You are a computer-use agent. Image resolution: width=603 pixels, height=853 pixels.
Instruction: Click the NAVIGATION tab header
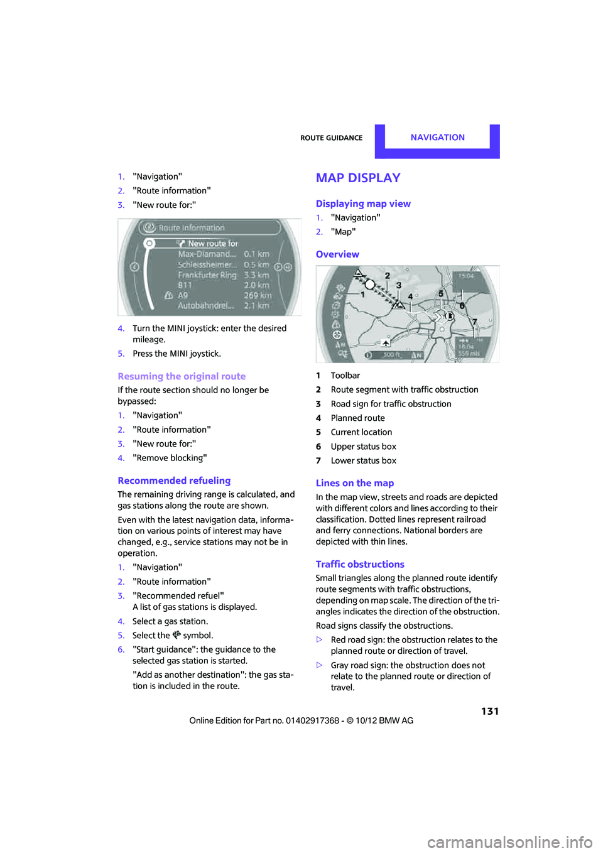coord(437,138)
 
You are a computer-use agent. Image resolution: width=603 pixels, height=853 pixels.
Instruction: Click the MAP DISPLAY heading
coord(358,178)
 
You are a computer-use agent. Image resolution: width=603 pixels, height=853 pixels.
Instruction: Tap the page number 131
coord(490,711)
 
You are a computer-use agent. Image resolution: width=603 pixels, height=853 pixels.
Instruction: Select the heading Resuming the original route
coord(182,376)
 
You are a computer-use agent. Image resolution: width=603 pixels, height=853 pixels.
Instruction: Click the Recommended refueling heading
coord(174,481)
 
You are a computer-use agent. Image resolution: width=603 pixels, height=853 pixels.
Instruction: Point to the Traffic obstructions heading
coord(360,564)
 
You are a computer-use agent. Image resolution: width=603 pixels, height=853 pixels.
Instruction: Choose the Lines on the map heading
coord(355,483)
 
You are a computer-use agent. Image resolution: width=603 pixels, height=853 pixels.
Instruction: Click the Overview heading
coord(337,254)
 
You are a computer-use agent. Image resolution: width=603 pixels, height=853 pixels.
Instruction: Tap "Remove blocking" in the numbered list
coord(170,458)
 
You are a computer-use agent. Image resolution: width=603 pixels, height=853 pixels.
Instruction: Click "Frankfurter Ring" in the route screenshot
coord(207,275)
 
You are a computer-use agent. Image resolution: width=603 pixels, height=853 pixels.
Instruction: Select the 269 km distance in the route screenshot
coord(258,295)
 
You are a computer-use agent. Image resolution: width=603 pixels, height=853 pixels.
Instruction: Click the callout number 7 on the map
coord(475,322)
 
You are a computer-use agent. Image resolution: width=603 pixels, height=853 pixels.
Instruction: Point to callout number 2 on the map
coord(388,276)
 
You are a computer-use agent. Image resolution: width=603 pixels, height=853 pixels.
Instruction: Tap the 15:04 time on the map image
coord(466,276)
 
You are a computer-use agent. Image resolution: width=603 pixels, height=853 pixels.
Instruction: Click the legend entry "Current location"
coord(361,432)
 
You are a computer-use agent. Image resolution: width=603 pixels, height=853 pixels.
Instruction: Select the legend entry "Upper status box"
coord(363,447)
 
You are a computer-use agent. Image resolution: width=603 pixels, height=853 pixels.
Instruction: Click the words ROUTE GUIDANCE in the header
coord(331,138)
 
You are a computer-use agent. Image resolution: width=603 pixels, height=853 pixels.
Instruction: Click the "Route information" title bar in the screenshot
coord(192,228)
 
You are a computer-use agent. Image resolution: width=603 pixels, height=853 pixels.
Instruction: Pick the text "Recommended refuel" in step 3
coord(178,595)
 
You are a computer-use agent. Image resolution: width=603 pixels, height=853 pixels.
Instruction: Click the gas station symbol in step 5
coord(177,635)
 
